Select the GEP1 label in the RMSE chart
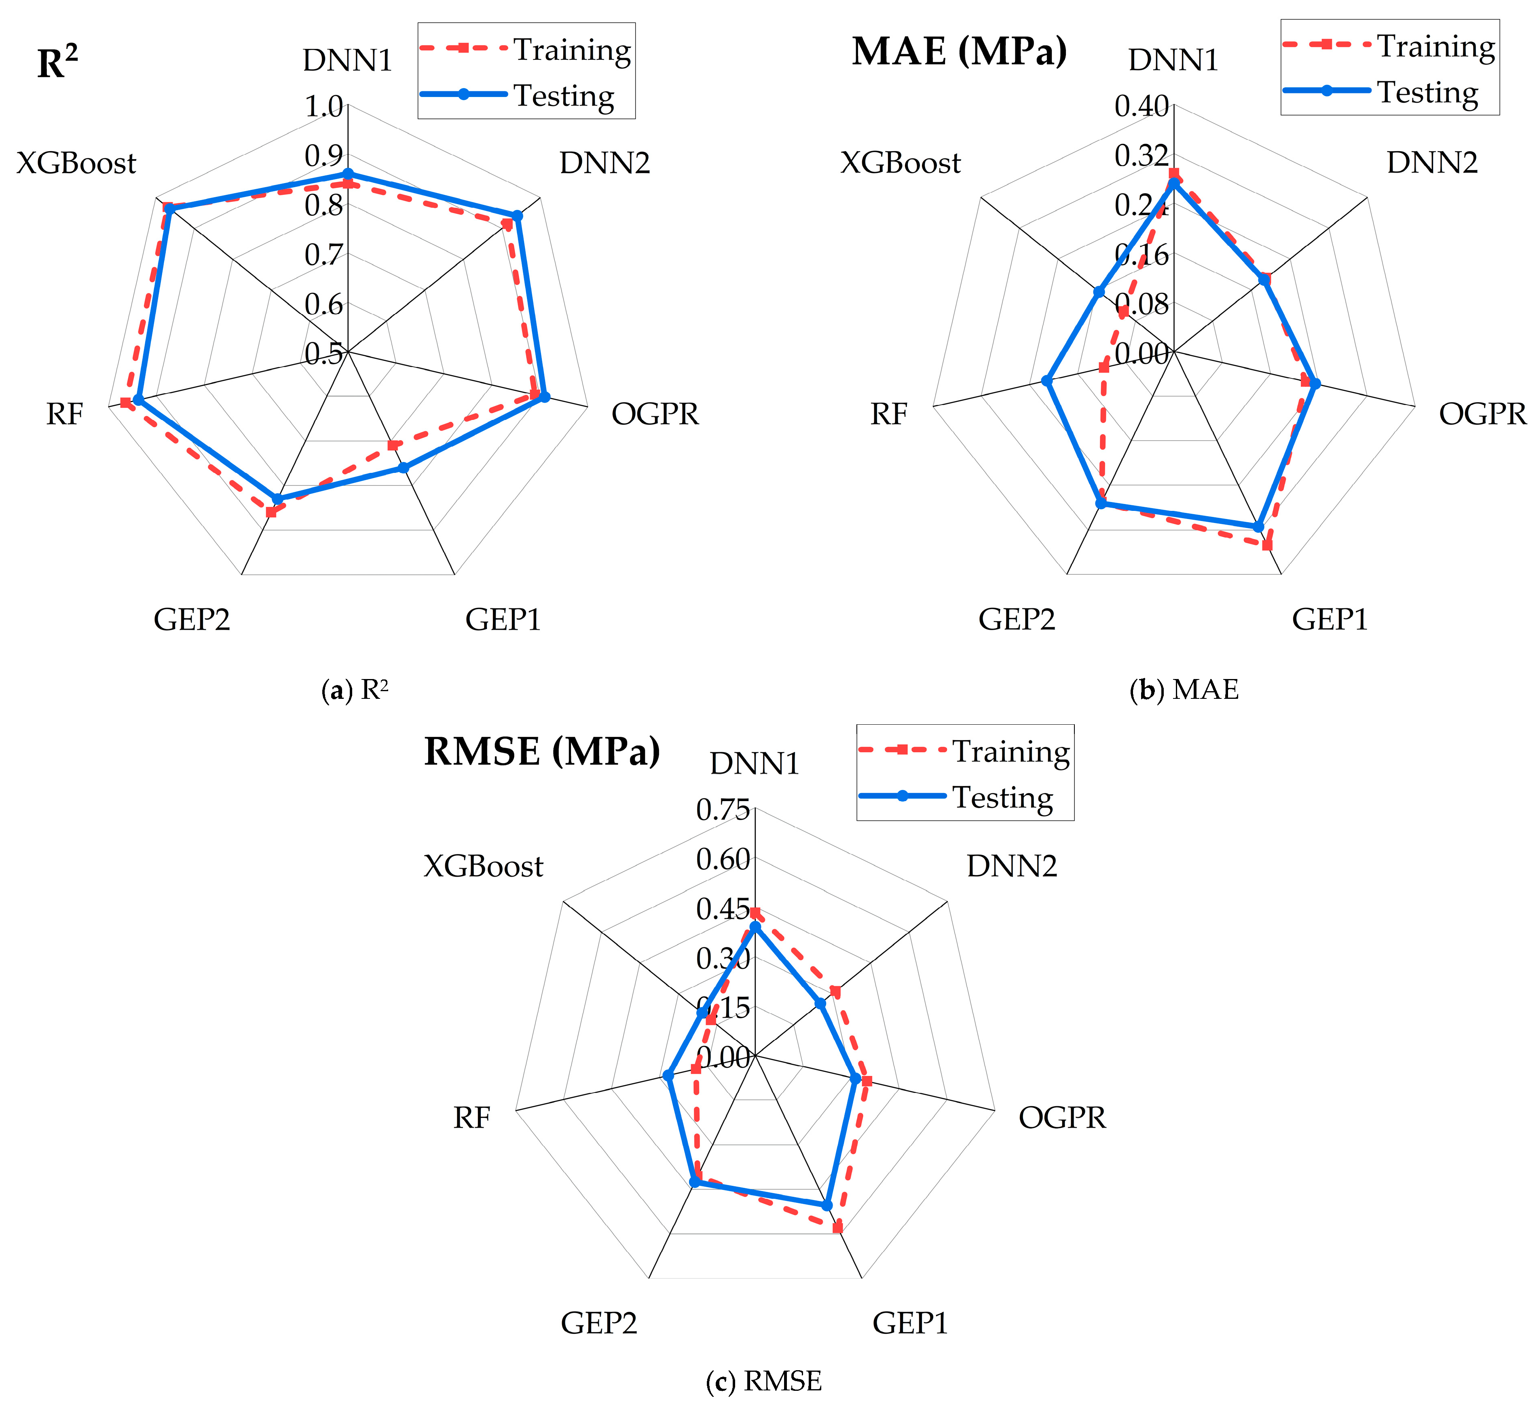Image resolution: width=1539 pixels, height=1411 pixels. pyautogui.click(x=910, y=1323)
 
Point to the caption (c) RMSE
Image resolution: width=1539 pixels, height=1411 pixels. pyautogui.click(x=764, y=1380)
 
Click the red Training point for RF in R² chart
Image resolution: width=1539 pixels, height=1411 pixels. pyautogui.click(x=125, y=403)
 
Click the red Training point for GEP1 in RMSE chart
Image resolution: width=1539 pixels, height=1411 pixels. pyautogui.click(x=837, y=1228)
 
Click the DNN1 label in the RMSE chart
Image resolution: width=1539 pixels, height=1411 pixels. pyautogui.click(x=755, y=764)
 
